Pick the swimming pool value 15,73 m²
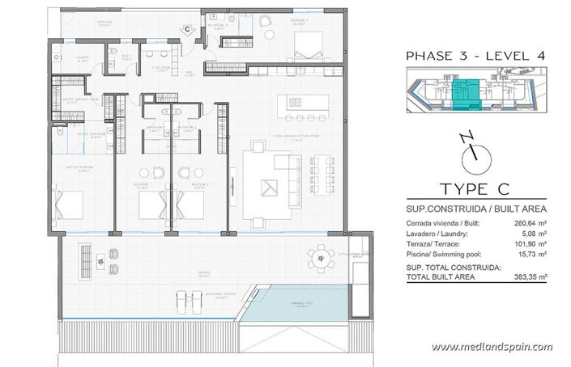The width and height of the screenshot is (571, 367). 530,254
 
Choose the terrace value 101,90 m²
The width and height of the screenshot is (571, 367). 528,244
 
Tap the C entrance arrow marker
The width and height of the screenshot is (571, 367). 187,30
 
